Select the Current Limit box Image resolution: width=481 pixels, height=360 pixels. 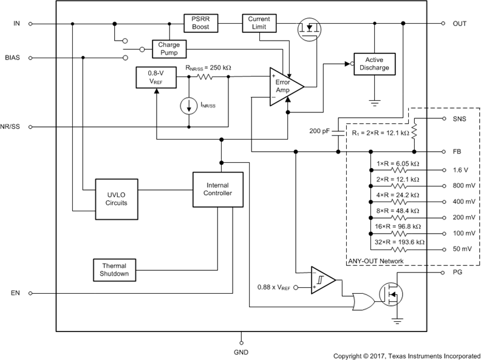coord(259,24)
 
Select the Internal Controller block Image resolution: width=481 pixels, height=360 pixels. coord(217,189)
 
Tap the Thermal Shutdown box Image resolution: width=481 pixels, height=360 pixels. coord(115,270)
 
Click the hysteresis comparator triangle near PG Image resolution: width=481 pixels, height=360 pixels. coord(322,280)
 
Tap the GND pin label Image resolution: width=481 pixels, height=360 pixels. coord(241,352)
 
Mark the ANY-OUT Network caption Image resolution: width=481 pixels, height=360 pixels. coord(376,261)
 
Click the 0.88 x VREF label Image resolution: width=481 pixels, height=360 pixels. coord(273,287)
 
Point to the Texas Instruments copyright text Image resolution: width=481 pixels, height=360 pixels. coord(406,355)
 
